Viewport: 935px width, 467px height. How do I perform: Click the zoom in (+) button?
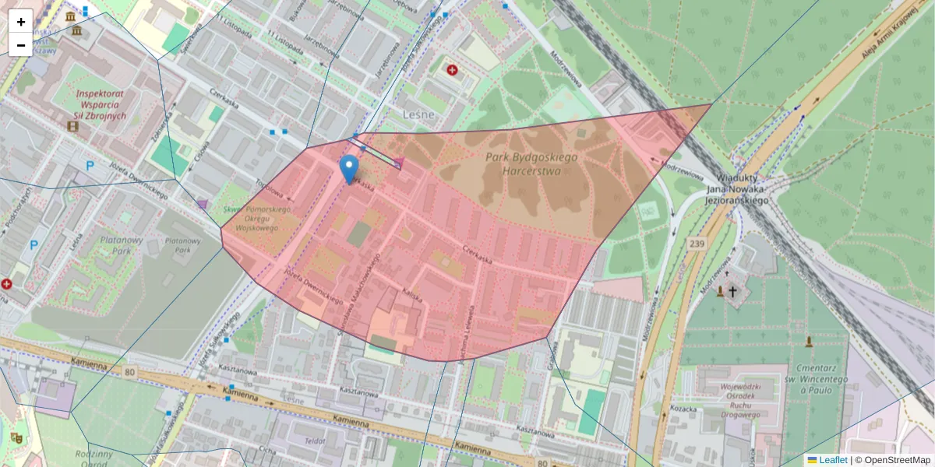(21, 21)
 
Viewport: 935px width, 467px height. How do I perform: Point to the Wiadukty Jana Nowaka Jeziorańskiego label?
(737, 188)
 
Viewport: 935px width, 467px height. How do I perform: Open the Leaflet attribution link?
(833, 460)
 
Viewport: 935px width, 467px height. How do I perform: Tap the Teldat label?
(315, 441)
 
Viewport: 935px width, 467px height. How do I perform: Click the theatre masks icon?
(16, 439)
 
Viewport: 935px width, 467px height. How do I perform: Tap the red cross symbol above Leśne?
(452, 70)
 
